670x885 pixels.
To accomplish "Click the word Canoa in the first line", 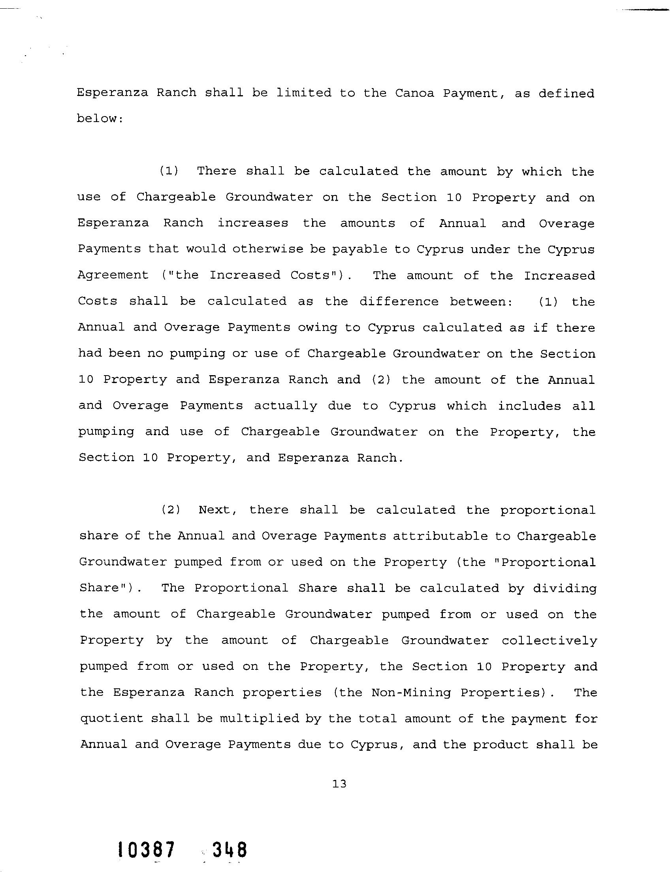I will pos(414,93).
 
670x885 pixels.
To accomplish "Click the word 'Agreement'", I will pos(113,275).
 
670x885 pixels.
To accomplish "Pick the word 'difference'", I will pos(399,301).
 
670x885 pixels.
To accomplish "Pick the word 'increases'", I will pos(252,223).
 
